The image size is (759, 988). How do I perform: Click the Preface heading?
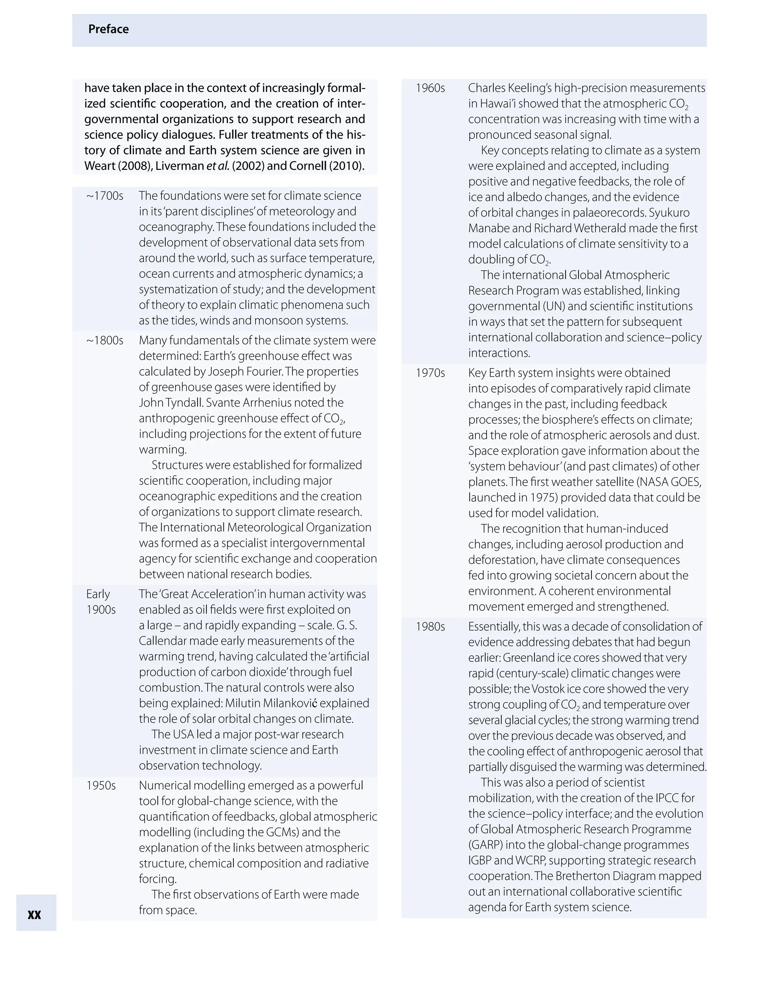pyautogui.click(x=109, y=29)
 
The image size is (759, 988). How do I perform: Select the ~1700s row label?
pyautogui.click(x=105, y=196)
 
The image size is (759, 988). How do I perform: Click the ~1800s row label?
pyautogui.click(x=105, y=340)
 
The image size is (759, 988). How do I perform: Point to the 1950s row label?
pyautogui.click(x=101, y=785)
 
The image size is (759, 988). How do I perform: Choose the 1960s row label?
pyautogui.click(x=430, y=88)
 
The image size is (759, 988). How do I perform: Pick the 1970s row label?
pyautogui.click(x=430, y=373)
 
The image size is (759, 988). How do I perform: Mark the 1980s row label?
pyautogui.click(x=430, y=627)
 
